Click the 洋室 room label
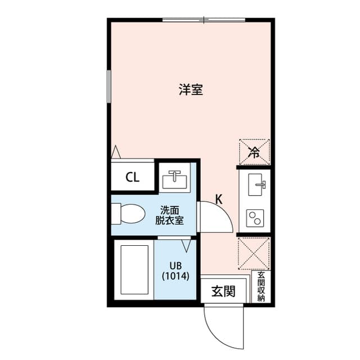pos(191,89)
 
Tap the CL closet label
pos(132,178)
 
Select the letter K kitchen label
pos(219,199)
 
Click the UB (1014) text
pos(175,271)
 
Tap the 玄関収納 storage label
pos(261,287)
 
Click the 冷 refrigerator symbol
pos(254,151)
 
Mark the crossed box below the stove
pos(254,253)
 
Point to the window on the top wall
pos(204,20)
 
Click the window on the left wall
pos(109,85)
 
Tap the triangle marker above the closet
pos(116,152)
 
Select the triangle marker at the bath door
pos(187,245)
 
